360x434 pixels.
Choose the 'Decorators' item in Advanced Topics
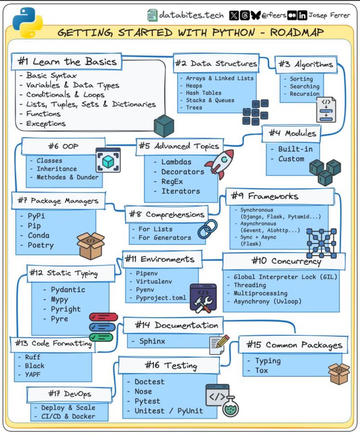(183, 171)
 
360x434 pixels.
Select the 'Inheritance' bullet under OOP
(56, 169)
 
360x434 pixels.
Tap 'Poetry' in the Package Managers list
(40, 245)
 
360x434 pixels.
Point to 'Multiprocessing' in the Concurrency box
(260, 293)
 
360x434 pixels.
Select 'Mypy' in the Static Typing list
(59, 299)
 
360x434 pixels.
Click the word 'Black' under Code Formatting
(34, 366)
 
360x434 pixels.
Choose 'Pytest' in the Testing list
(147, 401)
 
